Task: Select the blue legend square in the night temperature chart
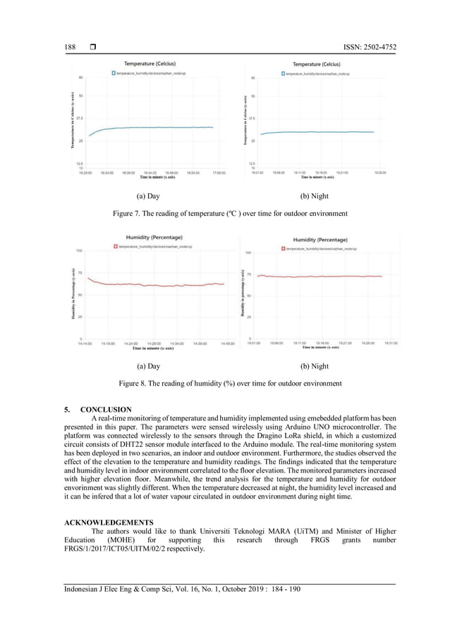(282, 73)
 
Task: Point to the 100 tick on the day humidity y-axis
(80, 250)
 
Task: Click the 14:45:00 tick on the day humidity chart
(228, 344)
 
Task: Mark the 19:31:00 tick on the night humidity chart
(390, 343)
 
